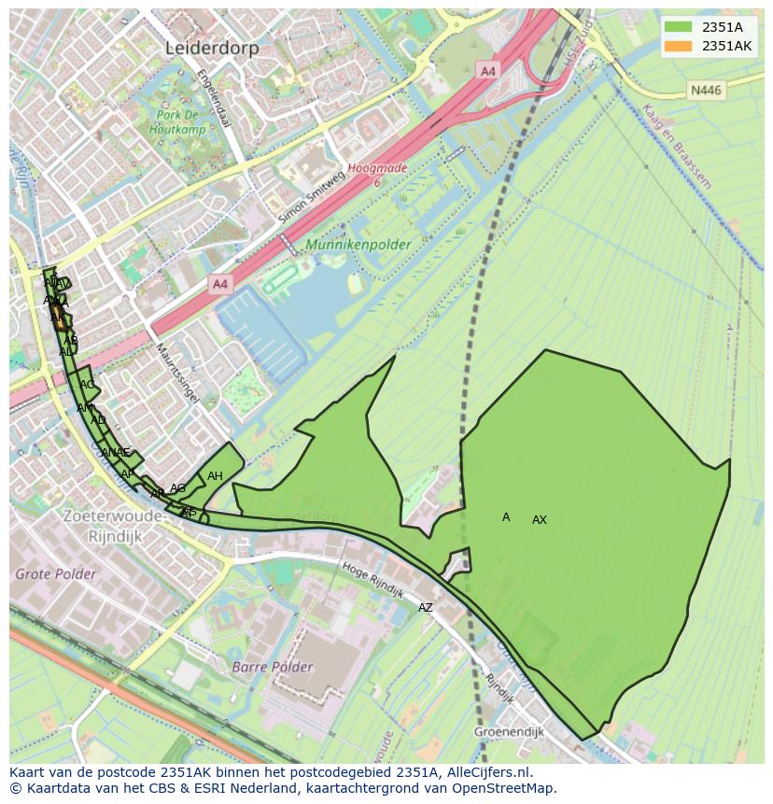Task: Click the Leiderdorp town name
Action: point(211,48)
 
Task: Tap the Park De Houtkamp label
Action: point(180,122)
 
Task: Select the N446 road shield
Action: point(705,91)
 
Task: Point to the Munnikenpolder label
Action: point(358,246)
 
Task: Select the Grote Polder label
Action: point(55,573)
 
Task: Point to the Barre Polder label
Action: point(273,668)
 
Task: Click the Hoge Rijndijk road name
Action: point(372,580)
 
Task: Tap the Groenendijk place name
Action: point(509,732)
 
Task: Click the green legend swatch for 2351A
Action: point(678,27)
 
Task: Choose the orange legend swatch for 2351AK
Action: point(678,46)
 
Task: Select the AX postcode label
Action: point(540,520)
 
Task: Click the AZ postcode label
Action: point(426,608)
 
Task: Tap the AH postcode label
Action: point(215,476)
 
